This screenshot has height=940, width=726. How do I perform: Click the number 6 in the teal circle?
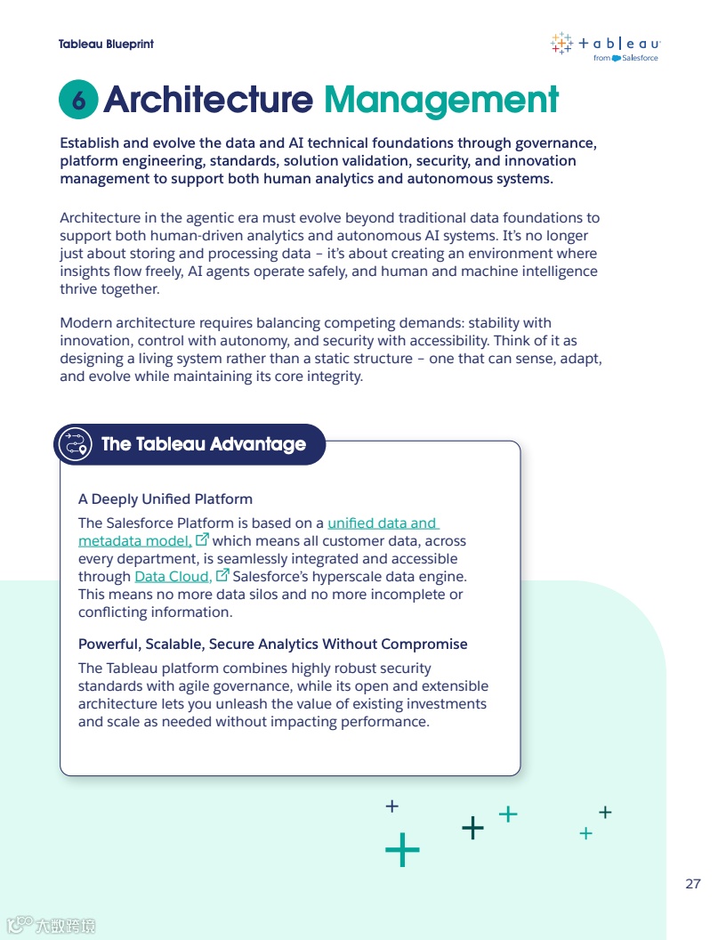click(79, 101)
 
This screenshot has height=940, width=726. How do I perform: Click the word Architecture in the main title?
click(208, 100)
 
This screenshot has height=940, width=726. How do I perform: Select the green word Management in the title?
click(440, 100)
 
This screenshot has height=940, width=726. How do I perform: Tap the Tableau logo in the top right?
click(605, 44)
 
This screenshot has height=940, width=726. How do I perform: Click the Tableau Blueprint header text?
click(106, 44)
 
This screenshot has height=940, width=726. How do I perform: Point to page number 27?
click(693, 884)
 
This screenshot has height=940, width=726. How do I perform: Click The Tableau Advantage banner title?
click(204, 444)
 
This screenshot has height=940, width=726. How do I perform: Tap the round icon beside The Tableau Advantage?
click(75, 444)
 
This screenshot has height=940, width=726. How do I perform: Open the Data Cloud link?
click(173, 577)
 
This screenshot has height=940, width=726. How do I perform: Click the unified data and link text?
click(383, 523)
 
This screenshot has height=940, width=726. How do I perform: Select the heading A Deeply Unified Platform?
click(165, 498)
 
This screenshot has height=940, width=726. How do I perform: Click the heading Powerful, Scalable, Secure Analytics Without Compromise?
click(272, 644)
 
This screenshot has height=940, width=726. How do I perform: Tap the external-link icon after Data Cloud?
click(223, 575)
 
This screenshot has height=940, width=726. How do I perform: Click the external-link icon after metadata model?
click(202, 539)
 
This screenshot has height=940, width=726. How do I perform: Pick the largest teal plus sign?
click(402, 850)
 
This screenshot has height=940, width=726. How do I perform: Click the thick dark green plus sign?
click(473, 829)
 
